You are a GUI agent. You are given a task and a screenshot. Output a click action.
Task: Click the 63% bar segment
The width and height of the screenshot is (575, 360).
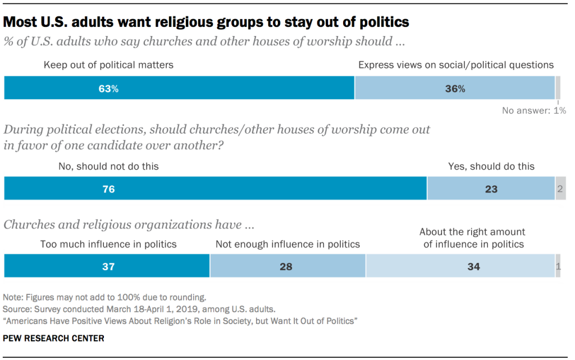(x=179, y=88)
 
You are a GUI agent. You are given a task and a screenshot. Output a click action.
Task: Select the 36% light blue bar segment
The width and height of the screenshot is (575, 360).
(x=454, y=88)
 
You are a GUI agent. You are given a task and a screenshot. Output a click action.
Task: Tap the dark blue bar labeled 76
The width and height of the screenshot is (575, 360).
(x=215, y=189)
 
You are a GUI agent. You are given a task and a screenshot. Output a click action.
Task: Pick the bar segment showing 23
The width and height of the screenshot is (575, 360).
(x=491, y=189)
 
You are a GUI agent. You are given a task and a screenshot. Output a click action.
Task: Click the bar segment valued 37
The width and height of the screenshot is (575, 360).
(x=107, y=266)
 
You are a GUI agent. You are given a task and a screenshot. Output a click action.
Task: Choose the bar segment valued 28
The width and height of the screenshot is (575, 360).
(x=287, y=266)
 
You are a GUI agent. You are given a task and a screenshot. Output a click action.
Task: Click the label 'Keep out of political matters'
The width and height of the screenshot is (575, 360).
(x=108, y=65)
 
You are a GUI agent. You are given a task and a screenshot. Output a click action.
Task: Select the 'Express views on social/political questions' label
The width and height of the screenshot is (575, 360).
(x=456, y=65)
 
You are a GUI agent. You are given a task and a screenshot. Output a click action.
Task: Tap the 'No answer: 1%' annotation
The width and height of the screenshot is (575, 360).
(x=534, y=111)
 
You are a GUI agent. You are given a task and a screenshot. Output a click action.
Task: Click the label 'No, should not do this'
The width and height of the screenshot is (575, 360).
(x=108, y=166)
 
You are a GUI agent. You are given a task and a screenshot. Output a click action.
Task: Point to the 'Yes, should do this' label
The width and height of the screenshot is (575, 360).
(x=491, y=166)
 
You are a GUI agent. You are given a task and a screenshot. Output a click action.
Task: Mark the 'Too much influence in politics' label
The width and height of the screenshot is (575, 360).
(x=108, y=244)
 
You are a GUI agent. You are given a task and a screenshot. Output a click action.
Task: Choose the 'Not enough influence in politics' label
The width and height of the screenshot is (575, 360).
(x=287, y=244)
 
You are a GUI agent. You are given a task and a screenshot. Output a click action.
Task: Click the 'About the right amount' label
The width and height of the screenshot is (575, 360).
(x=472, y=232)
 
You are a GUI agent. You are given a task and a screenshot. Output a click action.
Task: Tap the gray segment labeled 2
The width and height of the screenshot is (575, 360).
(x=560, y=189)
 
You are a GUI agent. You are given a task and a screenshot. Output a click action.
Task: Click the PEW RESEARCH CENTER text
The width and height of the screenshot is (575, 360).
(x=53, y=339)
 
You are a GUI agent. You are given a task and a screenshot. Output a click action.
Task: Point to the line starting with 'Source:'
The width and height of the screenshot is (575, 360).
(x=139, y=309)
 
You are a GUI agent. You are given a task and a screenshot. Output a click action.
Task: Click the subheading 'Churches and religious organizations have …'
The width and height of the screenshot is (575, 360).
(x=129, y=225)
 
